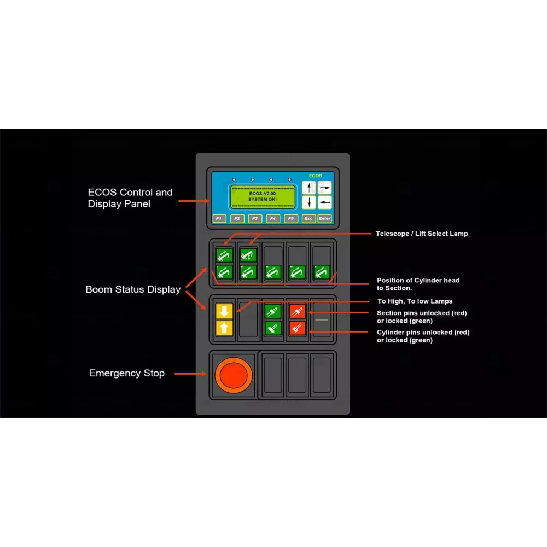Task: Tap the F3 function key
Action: pos(255,219)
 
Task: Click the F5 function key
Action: pos(291,219)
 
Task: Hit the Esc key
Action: pos(309,219)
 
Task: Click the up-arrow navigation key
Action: pos(309,188)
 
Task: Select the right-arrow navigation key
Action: pos(325,187)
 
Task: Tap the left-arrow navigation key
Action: pos(325,202)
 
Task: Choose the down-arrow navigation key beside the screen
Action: pos(309,202)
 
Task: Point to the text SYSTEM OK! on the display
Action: pos(263,200)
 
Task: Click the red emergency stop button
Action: pos(234,374)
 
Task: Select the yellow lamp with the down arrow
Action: pos(225,311)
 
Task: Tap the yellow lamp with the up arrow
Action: pos(225,328)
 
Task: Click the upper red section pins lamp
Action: pos(298,311)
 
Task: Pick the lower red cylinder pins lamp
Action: pos(298,328)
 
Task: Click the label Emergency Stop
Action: pos(126,373)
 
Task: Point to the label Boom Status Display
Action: pos(133,289)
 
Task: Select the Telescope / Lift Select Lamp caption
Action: pos(422,234)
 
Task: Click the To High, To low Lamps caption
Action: pos(415,301)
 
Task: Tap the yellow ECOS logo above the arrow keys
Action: pos(315,176)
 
